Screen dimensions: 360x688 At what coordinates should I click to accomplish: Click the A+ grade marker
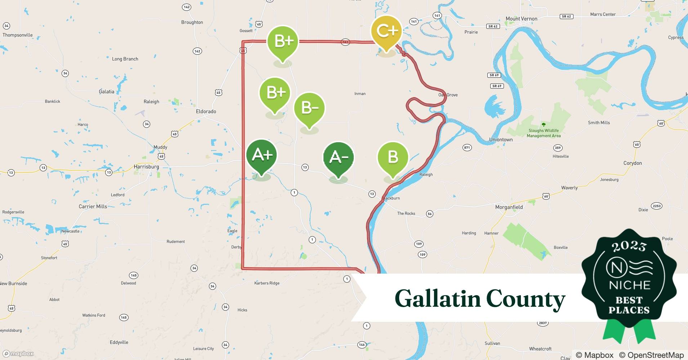point(262,156)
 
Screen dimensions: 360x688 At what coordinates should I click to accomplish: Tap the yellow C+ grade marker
point(387,32)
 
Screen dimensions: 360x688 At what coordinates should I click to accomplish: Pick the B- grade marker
point(309,108)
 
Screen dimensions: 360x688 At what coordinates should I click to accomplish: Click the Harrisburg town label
point(146,167)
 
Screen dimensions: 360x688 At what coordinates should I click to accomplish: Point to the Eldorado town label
point(206,112)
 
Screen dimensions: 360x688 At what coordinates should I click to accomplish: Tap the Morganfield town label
point(509,207)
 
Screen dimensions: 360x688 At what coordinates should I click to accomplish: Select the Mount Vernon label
point(521,19)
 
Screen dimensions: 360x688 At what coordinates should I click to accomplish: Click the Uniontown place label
point(501,140)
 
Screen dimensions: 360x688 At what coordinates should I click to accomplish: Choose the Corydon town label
point(633,163)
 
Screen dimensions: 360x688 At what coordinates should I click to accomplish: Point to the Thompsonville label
point(18,35)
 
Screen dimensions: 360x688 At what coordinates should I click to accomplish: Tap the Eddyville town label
point(119,342)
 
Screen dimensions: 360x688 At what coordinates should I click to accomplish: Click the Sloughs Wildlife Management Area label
point(544,133)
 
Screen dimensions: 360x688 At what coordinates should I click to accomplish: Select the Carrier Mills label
point(93,207)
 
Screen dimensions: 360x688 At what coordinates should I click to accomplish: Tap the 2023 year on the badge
point(629,246)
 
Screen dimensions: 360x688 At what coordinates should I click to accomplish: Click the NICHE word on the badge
point(629,285)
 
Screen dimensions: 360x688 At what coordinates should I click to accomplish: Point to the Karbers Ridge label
point(267,283)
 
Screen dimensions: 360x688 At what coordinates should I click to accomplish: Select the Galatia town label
point(107,92)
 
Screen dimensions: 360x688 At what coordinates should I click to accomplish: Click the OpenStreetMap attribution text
point(651,355)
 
